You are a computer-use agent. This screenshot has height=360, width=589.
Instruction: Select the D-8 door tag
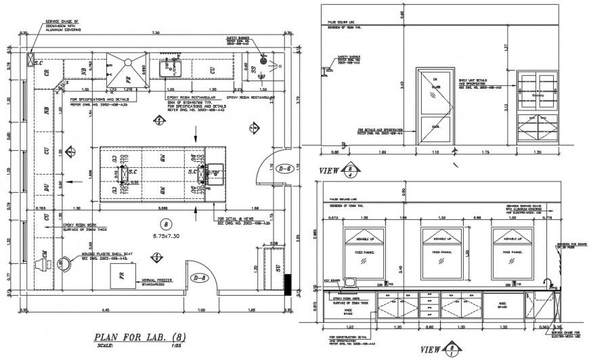[x=200, y=277]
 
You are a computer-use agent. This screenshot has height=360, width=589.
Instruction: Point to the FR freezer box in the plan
[x=123, y=276]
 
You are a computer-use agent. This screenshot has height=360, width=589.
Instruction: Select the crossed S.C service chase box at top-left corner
[x=31, y=59]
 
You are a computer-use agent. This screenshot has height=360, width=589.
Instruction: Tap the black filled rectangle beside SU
[x=288, y=284]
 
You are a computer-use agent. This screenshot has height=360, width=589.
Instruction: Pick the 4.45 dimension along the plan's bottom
[x=106, y=309]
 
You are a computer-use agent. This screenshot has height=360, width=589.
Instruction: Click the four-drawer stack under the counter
[x=427, y=305]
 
